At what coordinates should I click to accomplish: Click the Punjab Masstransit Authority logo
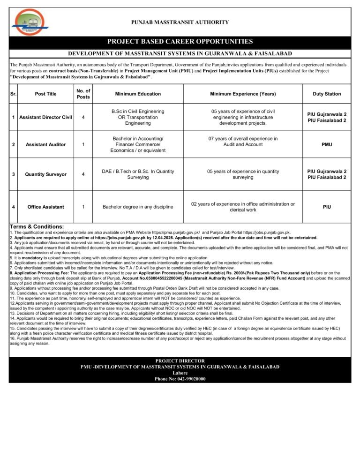click(x=29, y=23)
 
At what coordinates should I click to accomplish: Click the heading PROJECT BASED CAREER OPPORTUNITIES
click(x=180, y=42)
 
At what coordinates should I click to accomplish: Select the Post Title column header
click(x=45, y=94)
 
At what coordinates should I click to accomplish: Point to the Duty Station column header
click(x=327, y=94)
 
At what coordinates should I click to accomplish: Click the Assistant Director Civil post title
click(x=45, y=117)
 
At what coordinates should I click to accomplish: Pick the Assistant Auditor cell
click(x=45, y=144)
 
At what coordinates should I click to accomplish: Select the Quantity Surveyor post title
click(x=45, y=174)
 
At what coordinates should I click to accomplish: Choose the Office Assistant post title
click(x=45, y=207)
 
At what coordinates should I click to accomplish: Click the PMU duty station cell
click(x=327, y=144)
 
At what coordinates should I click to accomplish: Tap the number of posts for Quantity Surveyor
click(x=83, y=174)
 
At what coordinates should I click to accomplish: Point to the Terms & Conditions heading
click(x=37, y=227)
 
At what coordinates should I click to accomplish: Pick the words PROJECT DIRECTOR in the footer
click(x=180, y=361)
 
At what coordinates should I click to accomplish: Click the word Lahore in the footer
click(x=180, y=373)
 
